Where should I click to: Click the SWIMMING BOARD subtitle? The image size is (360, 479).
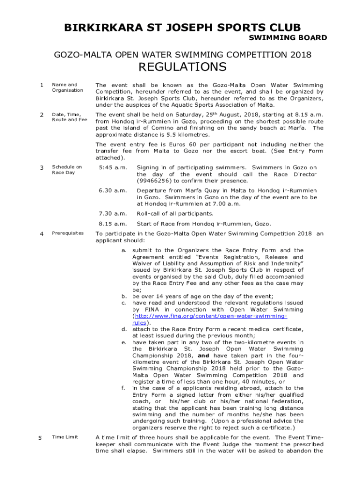tap(288, 38)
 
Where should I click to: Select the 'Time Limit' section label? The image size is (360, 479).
tap(65, 437)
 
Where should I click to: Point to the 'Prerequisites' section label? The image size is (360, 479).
tap(68, 232)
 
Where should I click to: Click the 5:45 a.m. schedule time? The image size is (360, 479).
tap(110, 167)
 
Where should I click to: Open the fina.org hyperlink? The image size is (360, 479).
tap(211, 316)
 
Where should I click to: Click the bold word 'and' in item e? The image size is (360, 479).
tap(203, 356)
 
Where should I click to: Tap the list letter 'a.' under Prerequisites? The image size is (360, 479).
tap(124, 250)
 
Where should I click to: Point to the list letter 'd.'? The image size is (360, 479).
tap(124, 329)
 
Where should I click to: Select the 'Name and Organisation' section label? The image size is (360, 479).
tap(67, 87)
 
